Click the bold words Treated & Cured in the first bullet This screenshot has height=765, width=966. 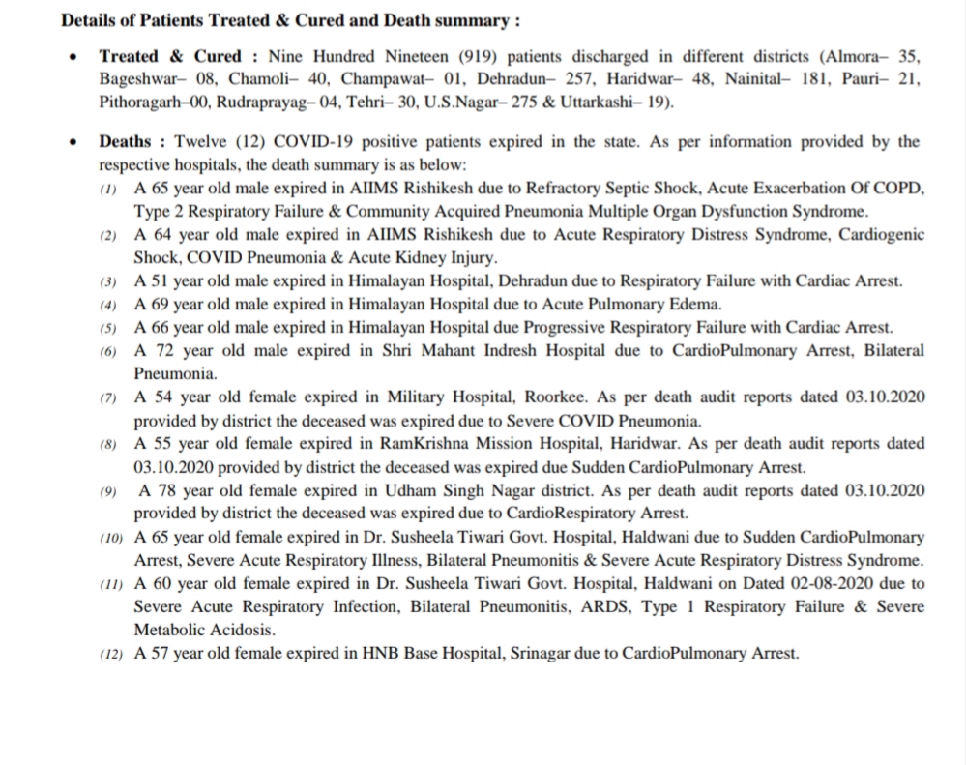point(170,56)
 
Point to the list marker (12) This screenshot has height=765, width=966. point(111,655)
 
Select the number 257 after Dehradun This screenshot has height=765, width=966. point(555,79)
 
